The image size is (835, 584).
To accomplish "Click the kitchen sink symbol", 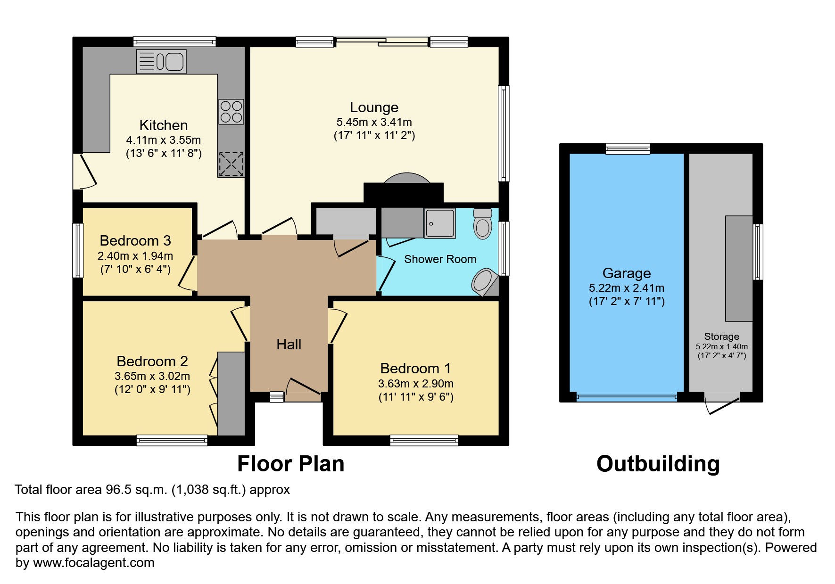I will (161, 62).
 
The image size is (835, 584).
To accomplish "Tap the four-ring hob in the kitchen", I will (231, 112).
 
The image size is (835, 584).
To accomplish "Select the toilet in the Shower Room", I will (482, 223).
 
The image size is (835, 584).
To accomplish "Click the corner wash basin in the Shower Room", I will (484, 282).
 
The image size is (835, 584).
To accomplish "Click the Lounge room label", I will (374, 107).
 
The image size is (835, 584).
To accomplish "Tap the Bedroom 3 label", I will (135, 241).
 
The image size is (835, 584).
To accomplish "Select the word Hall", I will (289, 345).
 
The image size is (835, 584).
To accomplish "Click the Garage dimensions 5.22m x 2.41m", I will (626, 288).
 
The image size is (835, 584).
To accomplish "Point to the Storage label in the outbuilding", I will (721, 337).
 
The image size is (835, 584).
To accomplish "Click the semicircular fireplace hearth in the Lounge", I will (407, 178).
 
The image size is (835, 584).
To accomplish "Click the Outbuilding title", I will (658, 464).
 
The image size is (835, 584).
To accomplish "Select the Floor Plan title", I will (290, 464).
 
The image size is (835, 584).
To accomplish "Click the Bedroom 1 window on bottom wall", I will (424, 441).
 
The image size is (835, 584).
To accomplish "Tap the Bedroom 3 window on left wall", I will (78, 250).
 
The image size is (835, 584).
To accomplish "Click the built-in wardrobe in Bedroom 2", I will (231, 394).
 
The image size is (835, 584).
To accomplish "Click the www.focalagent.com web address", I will (93, 563).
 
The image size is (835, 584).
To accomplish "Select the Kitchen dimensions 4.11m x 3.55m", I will (163, 140).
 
